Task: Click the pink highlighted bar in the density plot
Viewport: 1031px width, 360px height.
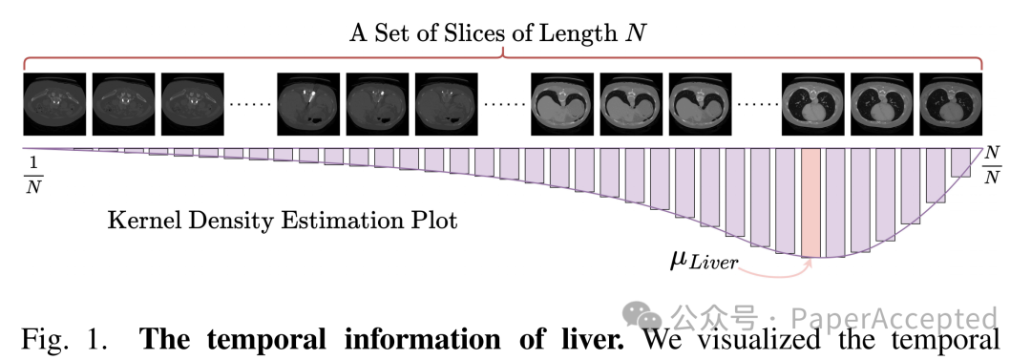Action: click(x=810, y=202)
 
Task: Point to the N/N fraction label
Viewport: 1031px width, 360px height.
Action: click(x=992, y=165)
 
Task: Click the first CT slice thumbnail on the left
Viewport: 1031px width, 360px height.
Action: click(x=54, y=104)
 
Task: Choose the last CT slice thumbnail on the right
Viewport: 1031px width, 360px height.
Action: click(x=950, y=104)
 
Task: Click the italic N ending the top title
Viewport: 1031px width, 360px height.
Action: click(x=635, y=33)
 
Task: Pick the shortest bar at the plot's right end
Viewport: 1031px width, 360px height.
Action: click(x=960, y=162)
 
